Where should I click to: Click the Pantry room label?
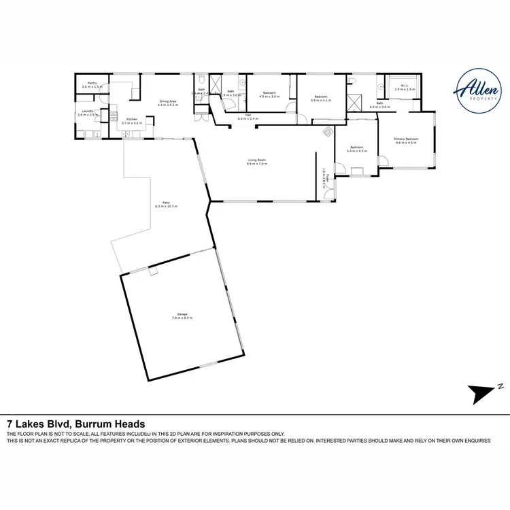[x=92, y=85]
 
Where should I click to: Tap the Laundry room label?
[x=88, y=114]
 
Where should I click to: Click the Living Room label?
[x=256, y=162]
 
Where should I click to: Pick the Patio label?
[x=161, y=203]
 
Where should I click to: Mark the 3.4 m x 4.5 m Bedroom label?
[x=357, y=149]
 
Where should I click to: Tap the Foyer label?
[x=325, y=180]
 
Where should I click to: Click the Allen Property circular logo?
[x=474, y=93]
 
